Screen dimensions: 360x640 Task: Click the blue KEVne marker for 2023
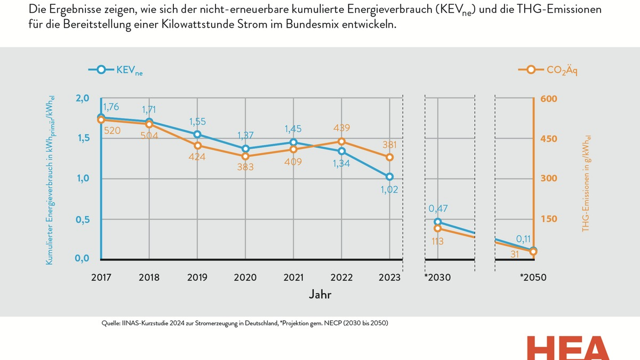(389, 177)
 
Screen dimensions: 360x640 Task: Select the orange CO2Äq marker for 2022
(341, 141)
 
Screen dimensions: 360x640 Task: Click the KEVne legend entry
(116, 70)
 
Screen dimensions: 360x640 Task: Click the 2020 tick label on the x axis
(245, 278)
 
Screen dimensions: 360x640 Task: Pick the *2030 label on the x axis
(437, 278)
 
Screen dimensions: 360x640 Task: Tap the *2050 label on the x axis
(533, 278)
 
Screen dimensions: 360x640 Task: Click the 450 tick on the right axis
(549, 139)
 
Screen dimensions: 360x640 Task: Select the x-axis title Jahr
(322, 294)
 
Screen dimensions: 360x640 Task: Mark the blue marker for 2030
(438, 222)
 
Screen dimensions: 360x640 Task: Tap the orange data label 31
(515, 255)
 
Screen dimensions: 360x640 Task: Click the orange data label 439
(341, 128)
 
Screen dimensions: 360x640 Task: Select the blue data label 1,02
(390, 190)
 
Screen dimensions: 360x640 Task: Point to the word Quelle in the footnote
(111, 323)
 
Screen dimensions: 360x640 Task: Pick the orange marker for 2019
(197, 146)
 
